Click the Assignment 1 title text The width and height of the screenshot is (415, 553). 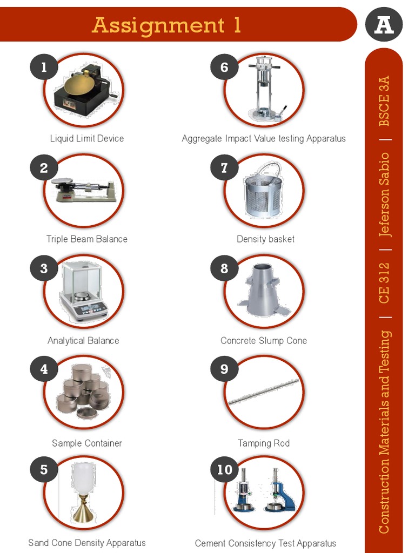point(166,25)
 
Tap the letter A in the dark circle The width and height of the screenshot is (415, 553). point(384,25)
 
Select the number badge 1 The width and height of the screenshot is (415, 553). point(44,67)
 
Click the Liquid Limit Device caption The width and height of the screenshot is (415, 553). point(87,138)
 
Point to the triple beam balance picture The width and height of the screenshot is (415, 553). point(84,190)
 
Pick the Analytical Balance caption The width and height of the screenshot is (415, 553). point(83,340)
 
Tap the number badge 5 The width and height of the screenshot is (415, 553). point(44,470)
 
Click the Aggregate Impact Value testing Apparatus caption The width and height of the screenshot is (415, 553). point(264,138)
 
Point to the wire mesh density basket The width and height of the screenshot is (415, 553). point(263,192)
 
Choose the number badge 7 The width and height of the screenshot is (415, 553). point(224,168)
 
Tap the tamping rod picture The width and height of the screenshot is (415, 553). point(263,392)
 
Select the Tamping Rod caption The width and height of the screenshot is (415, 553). point(264,443)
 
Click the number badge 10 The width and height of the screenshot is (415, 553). point(224,470)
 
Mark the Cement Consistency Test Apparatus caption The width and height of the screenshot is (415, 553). point(265,543)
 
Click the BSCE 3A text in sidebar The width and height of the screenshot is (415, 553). point(384,101)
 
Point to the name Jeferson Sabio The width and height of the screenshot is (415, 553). point(384,194)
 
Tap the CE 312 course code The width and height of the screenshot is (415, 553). point(384,282)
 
